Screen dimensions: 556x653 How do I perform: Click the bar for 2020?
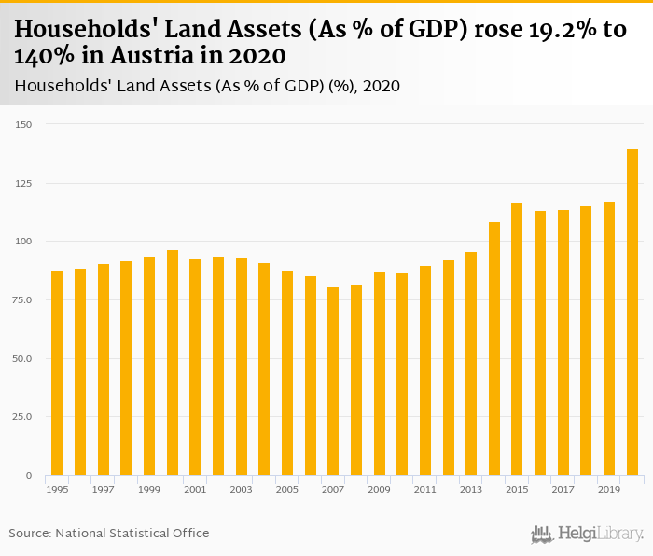tap(632, 313)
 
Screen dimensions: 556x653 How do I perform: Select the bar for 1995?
tap(57, 373)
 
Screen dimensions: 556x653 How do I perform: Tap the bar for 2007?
tap(333, 382)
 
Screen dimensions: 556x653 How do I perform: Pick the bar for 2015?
tap(517, 340)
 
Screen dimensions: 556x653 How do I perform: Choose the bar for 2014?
tap(494, 349)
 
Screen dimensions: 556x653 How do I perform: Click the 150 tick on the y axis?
tap(24, 125)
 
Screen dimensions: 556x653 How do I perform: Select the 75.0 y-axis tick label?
tap(22, 300)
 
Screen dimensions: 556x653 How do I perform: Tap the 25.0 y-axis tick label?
tap(22, 417)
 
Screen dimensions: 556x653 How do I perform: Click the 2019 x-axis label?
tap(609, 489)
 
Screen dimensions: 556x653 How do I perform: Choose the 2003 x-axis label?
tap(241, 489)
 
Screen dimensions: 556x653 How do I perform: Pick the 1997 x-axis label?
tap(103, 489)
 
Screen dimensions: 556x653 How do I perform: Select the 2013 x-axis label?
tap(471, 489)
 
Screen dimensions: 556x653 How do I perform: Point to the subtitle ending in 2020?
tap(207, 87)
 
